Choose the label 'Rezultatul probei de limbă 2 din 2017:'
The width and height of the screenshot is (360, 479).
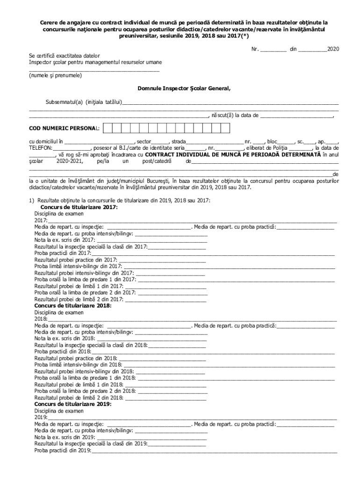tap(79, 299)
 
